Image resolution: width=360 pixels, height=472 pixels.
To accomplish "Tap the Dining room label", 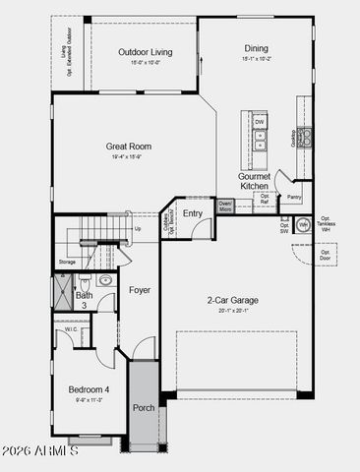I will [255, 48].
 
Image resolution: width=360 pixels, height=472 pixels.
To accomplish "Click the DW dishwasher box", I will [260, 122].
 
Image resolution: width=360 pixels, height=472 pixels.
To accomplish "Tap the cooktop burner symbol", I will [305, 135].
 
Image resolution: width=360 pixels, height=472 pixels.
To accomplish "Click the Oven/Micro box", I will [225, 206].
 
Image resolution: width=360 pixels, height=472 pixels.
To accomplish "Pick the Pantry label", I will [294, 197].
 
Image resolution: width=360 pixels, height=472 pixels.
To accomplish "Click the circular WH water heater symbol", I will [303, 224].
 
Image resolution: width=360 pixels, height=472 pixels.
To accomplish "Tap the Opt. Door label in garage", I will [326, 256].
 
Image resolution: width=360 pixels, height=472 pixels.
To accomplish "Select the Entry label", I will [193, 213].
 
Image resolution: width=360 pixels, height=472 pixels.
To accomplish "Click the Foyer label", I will [139, 290].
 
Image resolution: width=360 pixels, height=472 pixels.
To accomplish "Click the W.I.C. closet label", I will [72, 329].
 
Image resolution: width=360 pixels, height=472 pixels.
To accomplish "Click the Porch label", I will [144, 407].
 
